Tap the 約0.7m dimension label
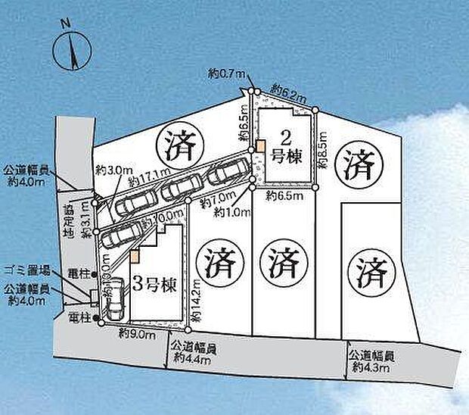coord(225,73)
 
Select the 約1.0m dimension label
coord(230,213)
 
